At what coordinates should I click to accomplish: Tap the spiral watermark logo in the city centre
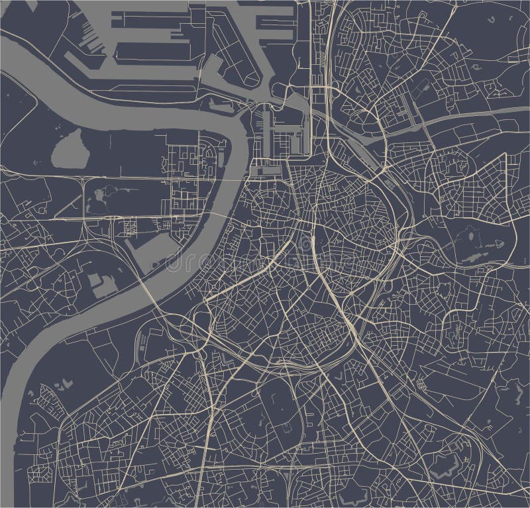click(x=304, y=245)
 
